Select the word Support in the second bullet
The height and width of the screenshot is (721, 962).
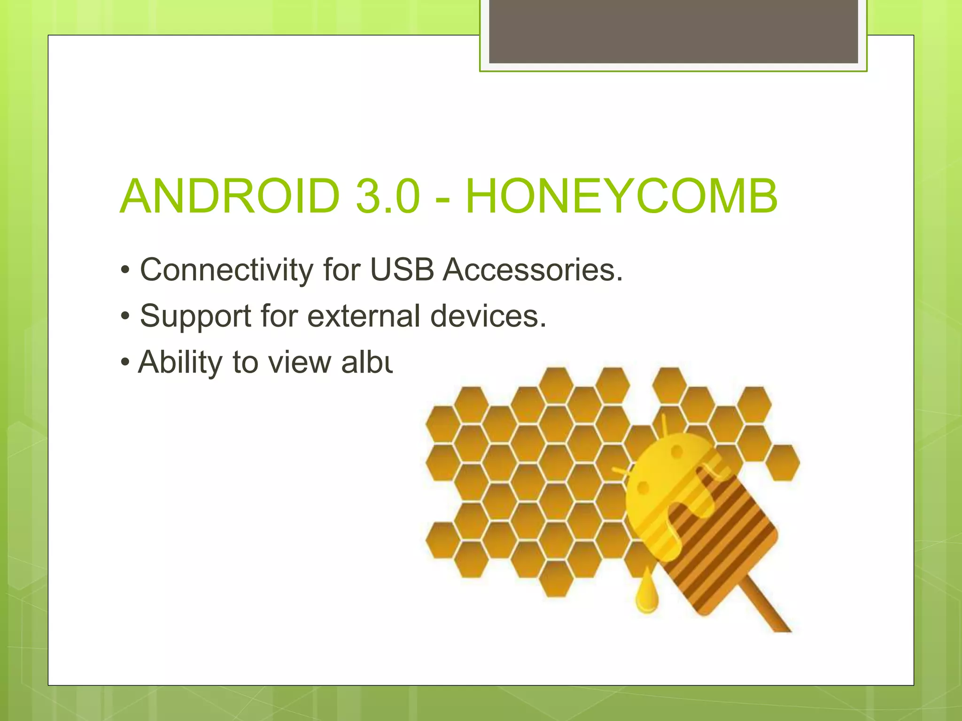coord(195,316)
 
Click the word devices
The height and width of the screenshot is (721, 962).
coord(488,315)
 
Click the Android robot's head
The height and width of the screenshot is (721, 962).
coord(667,465)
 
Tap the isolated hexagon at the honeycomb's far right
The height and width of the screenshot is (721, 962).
coord(783,462)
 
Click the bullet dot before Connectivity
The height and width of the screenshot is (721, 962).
coord(125,271)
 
